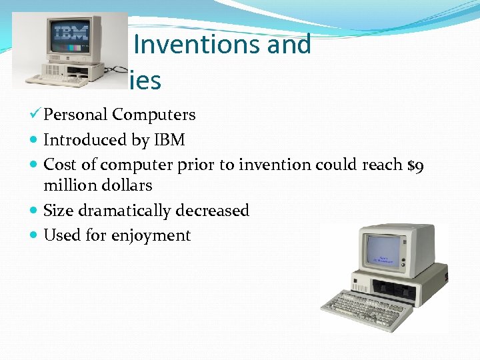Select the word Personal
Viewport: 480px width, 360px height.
(x=75, y=115)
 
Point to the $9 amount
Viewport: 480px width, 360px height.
(x=415, y=165)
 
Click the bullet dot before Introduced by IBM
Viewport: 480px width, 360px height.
(x=34, y=141)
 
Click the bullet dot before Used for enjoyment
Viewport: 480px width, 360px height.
(x=34, y=236)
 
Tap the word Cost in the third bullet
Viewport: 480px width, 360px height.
(x=58, y=165)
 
